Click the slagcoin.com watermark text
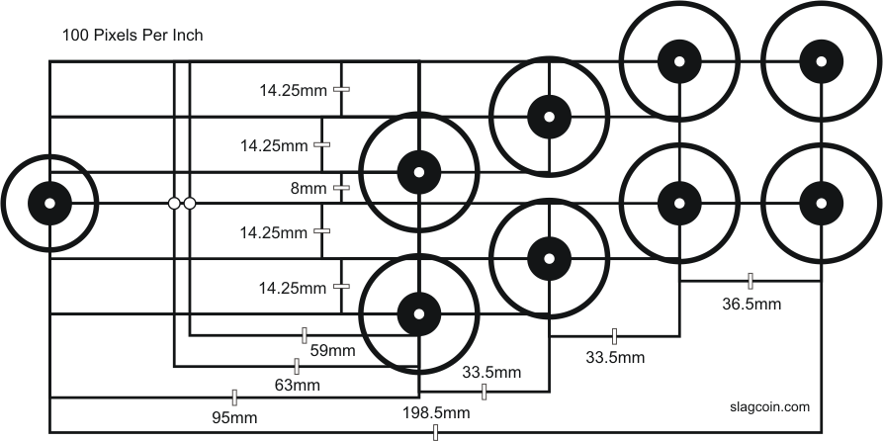pos(770,407)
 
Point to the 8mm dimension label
pos(309,189)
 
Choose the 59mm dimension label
pos(333,351)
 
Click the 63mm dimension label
pos(298,386)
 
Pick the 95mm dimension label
pos(234,418)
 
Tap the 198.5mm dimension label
pos(436,413)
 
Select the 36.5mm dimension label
pos(751,305)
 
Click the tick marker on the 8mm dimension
pos(341,188)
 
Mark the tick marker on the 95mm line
pos(234,397)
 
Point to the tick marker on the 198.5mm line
pos(435,432)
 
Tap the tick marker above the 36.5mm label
pos(751,281)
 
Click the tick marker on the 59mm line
pos(305,335)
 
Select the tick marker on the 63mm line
pos(297,366)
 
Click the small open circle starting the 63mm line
pos(175,204)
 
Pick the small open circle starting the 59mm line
pos(190,204)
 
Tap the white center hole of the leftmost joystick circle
pos(49,204)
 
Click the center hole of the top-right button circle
pos(821,61)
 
